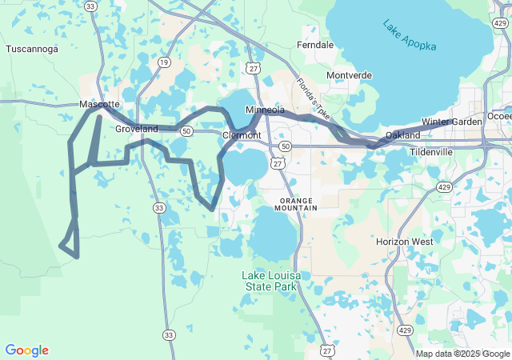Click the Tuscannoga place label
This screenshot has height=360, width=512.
pyautogui.click(x=32, y=49)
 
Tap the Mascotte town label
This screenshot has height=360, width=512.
pyautogui.click(x=99, y=105)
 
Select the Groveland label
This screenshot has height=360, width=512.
pyautogui.click(x=137, y=129)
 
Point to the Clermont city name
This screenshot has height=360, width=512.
pyautogui.click(x=242, y=135)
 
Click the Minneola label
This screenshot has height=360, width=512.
pyautogui.click(x=265, y=110)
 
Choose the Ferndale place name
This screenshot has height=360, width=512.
pyautogui.click(x=315, y=46)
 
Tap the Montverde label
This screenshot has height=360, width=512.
pyautogui.click(x=350, y=75)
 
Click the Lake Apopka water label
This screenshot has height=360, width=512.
pyautogui.click(x=410, y=36)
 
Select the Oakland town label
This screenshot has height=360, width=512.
pyautogui.click(x=402, y=135)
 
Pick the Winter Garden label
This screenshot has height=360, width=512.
pyautogui.click(x=452, y=122)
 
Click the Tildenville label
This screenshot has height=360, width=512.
pyautogui.click(x=431, y=151)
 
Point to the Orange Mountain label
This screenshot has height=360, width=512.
pyautogui.click(x=298, y=203)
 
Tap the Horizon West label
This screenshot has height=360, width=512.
pyautogui.click(x=405, y=242)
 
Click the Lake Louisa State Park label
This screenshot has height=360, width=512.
pyautogui.click(x=273, y=281)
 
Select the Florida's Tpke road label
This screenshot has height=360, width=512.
pyautogui.click(x=313, y=98)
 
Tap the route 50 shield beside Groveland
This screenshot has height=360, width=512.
pyautogui.click(x=186, y=130)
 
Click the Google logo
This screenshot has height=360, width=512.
pyautogui.click(x=26, y=350)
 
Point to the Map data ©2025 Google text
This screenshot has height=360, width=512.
pyautogui.click(x=462, y=354)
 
